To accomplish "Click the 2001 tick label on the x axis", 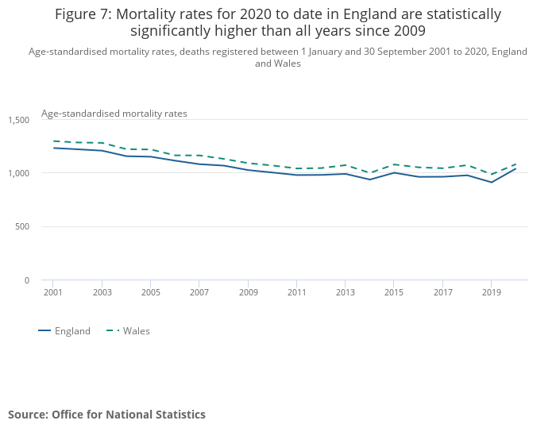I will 52,292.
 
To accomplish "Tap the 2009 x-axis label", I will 249,292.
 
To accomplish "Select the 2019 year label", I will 492,292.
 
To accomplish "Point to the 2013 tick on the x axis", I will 345,292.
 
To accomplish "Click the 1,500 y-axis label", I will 19,120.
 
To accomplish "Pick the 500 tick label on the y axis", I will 22,227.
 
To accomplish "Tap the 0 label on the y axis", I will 26,280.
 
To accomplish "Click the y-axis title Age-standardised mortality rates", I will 114,114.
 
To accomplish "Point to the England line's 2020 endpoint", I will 515,168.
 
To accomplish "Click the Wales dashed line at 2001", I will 53,141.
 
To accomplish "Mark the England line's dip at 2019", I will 492,182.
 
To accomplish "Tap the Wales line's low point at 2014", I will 369,173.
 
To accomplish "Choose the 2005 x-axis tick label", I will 151,292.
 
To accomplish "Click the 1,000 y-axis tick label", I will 19,173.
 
